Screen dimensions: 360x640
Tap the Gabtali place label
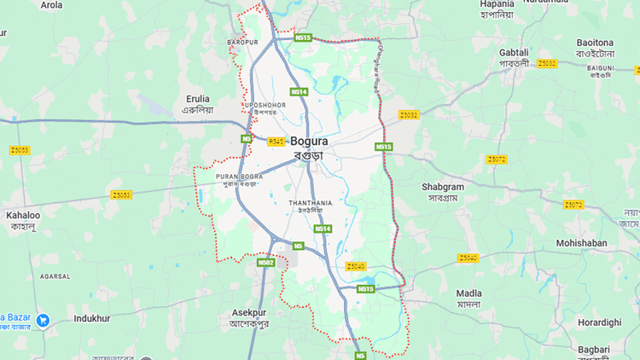pos(514,53)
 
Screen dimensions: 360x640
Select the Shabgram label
pos(443,187)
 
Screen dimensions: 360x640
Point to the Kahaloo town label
pos(23,216)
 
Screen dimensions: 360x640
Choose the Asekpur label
pos(249,313)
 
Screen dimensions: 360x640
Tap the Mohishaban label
pos(581,243)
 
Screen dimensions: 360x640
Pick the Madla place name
pos(468,293)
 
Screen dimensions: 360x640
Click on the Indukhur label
pos(92,318)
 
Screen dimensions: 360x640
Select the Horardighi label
pos(599,322)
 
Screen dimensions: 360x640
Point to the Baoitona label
pos(595,43)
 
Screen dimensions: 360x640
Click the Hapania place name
pos(497,4)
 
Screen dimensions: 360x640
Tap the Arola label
pos(52,5)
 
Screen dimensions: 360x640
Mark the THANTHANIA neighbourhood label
pos(311,202)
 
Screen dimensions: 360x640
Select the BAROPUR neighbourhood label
pos(242,42)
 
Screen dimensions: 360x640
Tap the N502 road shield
pos(265,263)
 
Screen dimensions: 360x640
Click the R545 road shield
pos(276,142)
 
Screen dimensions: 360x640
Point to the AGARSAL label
pos(55,276)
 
